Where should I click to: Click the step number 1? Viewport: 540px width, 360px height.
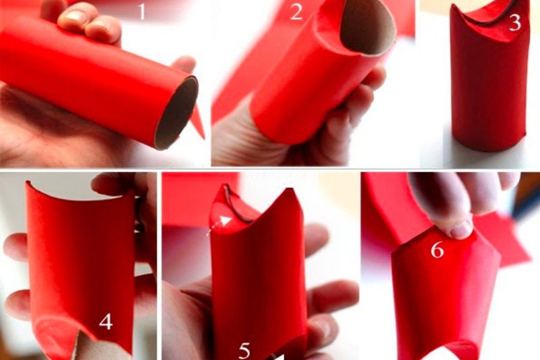coord(142,11)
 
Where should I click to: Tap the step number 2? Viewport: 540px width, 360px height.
coord(296,12)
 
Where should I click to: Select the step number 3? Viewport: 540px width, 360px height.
coord(515,23)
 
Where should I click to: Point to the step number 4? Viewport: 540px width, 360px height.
coord(106,322)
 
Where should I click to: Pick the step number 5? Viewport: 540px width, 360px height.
coord(244,351)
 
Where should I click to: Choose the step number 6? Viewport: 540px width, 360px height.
coord(437,250)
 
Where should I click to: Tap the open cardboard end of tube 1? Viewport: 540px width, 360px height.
coord(176,113)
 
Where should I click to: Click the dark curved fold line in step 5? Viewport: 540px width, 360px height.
coord(235,206)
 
